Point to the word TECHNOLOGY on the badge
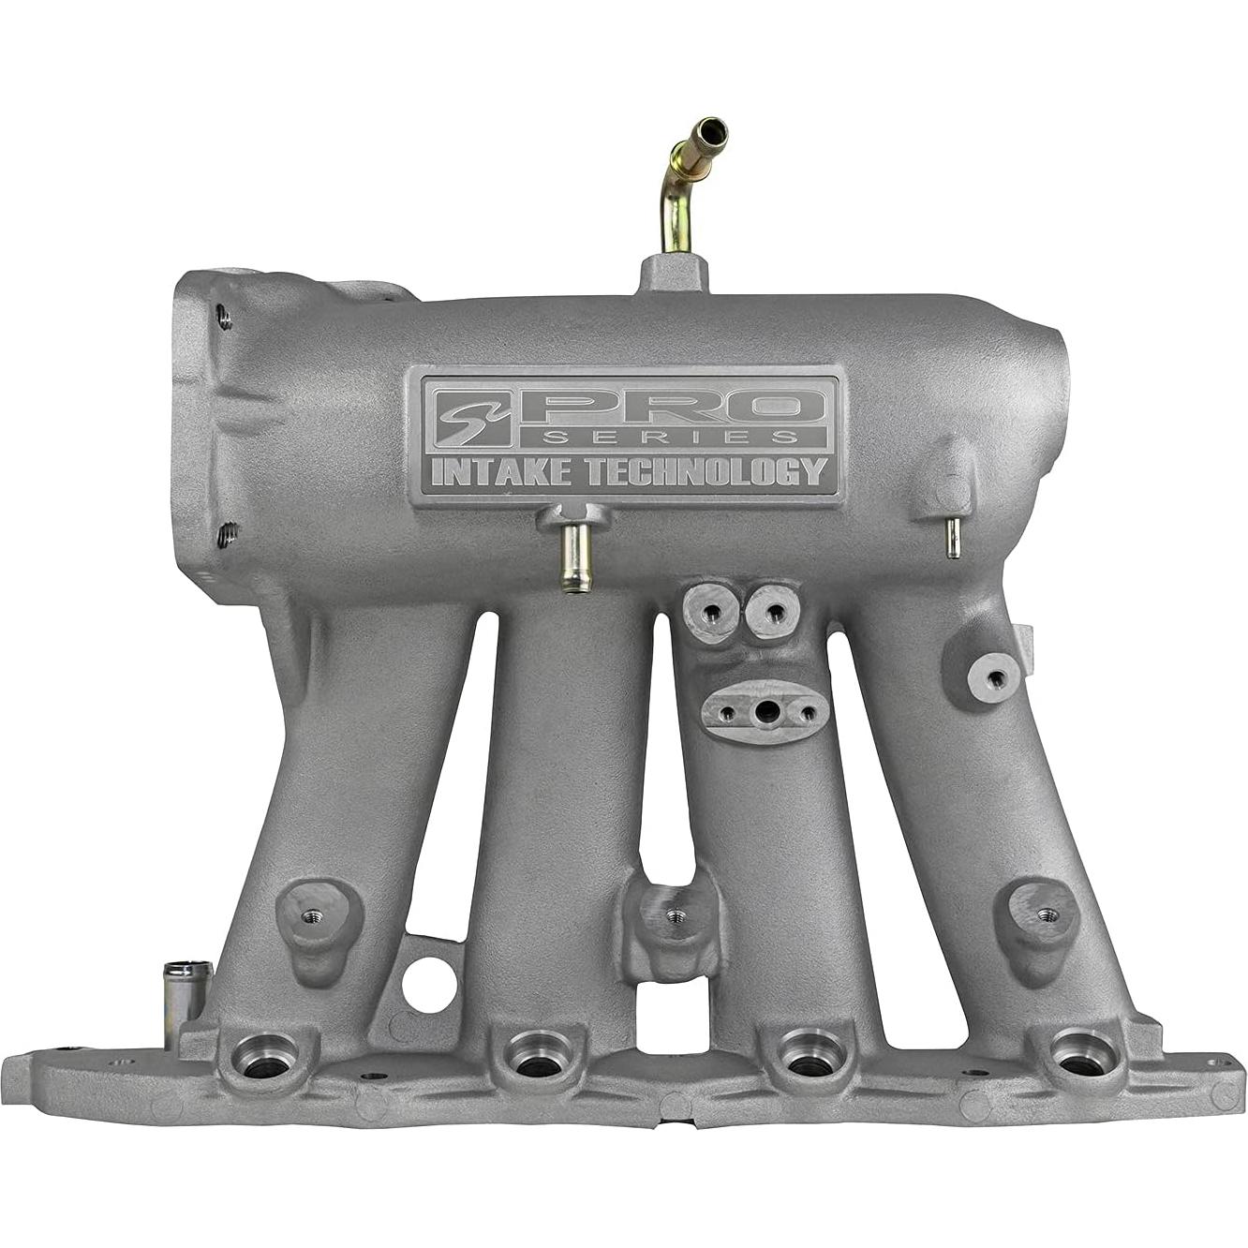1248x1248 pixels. click(x=705, y=472)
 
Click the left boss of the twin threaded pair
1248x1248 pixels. click(x=712, y=610)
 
